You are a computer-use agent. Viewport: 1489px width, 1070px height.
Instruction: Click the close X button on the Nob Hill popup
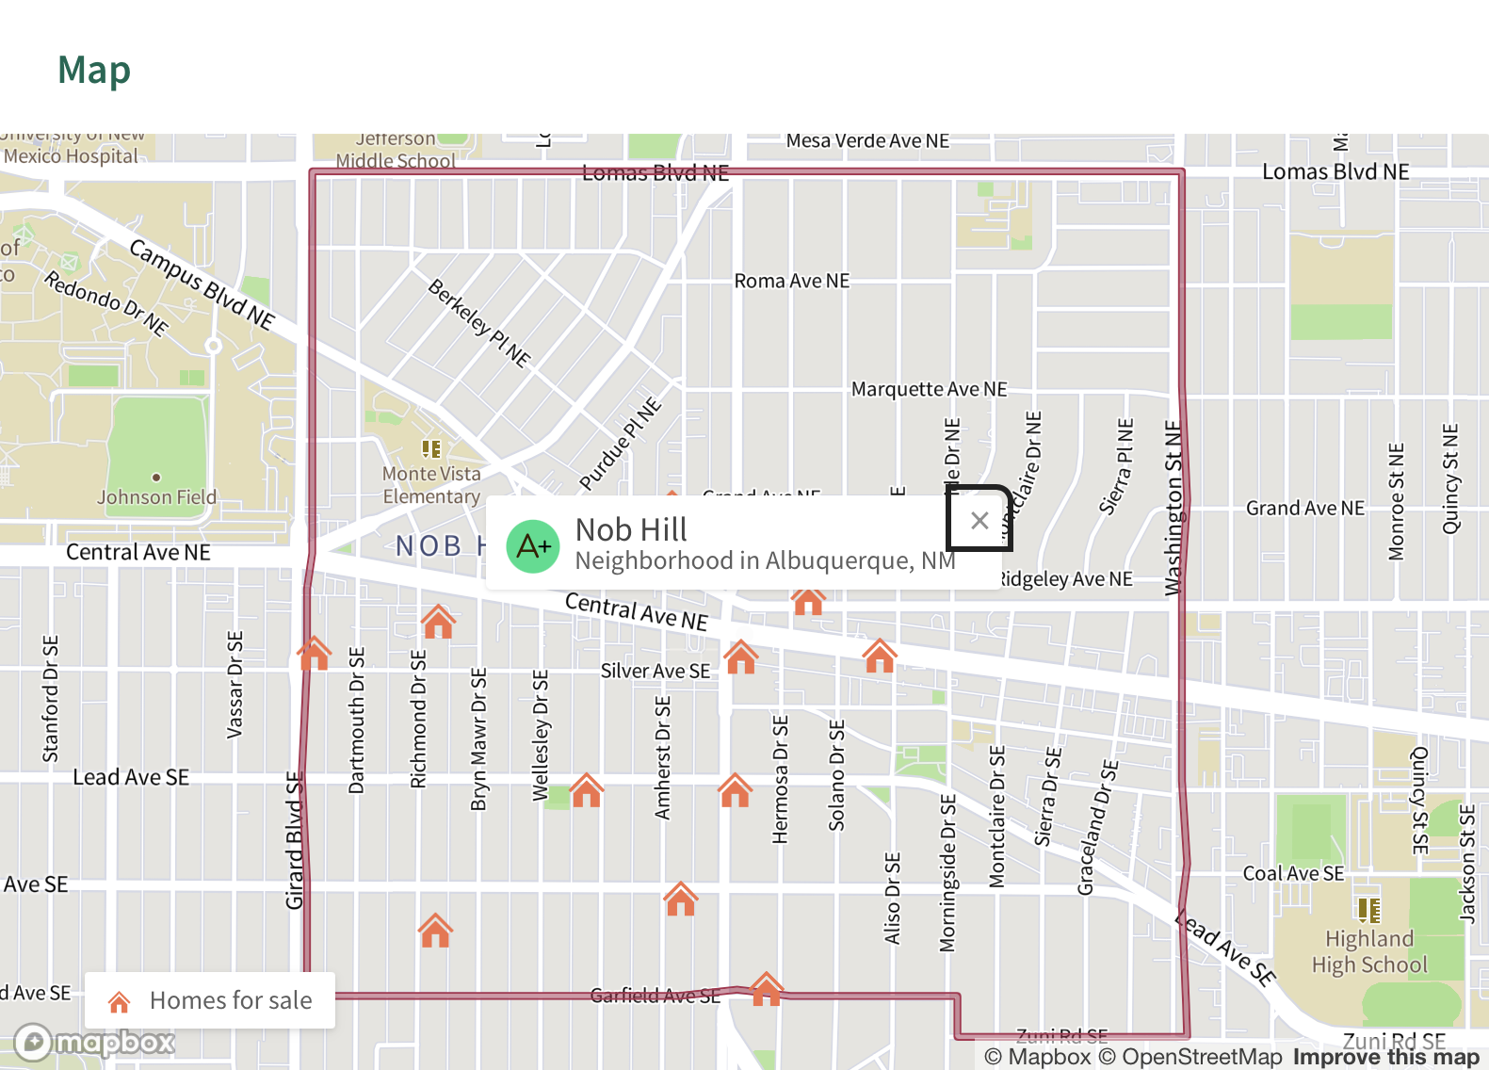pyautogui.click(x=979, y=520)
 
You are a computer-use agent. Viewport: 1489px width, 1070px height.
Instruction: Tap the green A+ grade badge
pyautogui.click(x=533, y=546)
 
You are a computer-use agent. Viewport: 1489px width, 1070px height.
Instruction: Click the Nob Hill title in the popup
pyautogui.click(x=631, y=529)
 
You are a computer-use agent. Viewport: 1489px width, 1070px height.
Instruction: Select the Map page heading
pyautogui.click(x=94, y=70)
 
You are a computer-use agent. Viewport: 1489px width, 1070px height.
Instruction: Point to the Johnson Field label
pyautogui.click(x=156, y=496)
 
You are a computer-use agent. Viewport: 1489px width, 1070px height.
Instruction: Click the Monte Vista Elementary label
pyautogui.click(x=431, y=485)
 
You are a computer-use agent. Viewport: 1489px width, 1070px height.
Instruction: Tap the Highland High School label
pyautogui.click(x=1369, y=951)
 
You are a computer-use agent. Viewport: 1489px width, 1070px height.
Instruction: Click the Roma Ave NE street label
pyautogui.click(x=791, y=281)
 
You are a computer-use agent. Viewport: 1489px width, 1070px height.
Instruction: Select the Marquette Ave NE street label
pyautogui.click(x=929, y=389)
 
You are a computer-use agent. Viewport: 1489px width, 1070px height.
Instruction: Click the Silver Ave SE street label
pyautogui.click(x=655, y=671)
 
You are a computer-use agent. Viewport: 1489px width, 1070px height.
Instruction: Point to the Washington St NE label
pyautogui.click(x=1173, y=509)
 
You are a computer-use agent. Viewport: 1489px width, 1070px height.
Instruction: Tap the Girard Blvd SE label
pyautogui.click(x=295, y=841)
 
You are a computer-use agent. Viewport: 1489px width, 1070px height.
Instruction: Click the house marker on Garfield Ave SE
pyautogui.click(x=767, y=989)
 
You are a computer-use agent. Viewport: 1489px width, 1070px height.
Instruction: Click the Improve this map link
pyautogui.click(x=1385, y=1057)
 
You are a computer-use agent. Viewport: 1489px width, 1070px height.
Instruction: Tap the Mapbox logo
pyautogui.click(x=95, y=1042)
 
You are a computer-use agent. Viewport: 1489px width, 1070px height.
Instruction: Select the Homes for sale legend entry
pyautogui.click(x=210, y=1000)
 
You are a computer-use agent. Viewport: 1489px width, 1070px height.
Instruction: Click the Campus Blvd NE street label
pyautogui.click(x=202, y=284)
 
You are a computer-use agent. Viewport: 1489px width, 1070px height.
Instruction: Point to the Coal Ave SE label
pyautogui.click(x=1293, y=873)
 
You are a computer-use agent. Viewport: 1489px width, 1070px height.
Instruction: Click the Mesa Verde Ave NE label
pyautogui.click(x=867, y=140)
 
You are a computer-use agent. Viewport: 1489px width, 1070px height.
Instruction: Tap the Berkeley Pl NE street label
pyautogui.click(x=479, y=322)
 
